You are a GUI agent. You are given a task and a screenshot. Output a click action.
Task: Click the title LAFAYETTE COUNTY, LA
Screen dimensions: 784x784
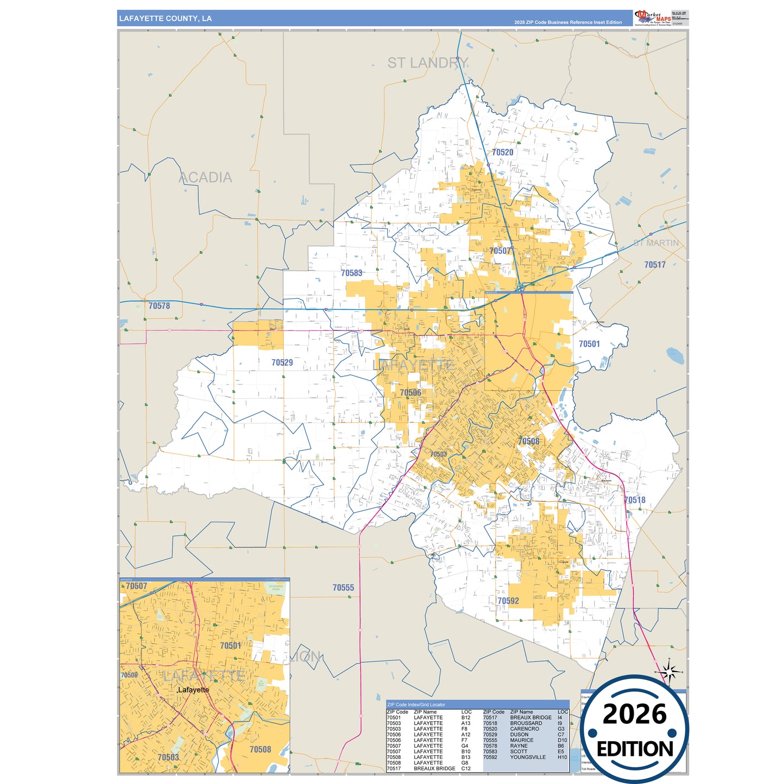pyautogui.click(x=165, y=18)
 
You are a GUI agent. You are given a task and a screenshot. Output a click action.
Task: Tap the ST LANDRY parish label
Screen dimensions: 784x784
pyautogui.click(x=428, y=63)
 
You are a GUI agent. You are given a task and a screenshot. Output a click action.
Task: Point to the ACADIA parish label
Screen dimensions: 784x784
pyautogui.click(x=205, y=177)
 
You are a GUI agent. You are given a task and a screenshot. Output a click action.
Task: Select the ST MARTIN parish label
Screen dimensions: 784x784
pyautogui.click(x=656, y=243)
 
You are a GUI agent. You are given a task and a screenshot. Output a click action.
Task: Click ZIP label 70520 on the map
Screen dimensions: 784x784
pyautogui.click(x=502, y=152)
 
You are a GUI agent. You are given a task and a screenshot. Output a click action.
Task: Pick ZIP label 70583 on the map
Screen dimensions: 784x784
pyautogui.click(x=352, y=273)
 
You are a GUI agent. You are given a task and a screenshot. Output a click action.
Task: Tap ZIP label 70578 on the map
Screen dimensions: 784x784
pyautogui.click(x=159, y=306)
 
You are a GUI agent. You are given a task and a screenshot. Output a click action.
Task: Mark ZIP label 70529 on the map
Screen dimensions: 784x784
pyautogui.click(x=282, y=362)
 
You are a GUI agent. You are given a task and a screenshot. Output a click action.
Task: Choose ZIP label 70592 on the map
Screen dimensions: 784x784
pyautogui.click(x=508, y=601)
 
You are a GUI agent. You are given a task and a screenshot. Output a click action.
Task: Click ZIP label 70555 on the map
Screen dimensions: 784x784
pyautogui.click(x=343, y=588)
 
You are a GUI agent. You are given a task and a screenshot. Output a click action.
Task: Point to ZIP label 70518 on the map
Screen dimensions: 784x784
pyautogui.click(x=635, y=500)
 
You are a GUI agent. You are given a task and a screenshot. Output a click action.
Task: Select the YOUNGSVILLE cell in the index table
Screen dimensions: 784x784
pyautogui.click(x=527, y=757)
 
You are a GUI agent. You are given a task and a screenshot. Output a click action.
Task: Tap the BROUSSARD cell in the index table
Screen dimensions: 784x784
pyautogui.click(x=526, y=723)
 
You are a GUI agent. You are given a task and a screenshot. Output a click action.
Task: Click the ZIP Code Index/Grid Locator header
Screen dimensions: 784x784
pyautogui.click(x=416, y=705)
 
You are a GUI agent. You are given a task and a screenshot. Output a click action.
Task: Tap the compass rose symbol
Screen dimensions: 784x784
pyautogui.click(x=670, y=672)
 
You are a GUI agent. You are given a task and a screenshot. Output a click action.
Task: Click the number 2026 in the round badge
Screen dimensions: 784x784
pyautogui.click(x=634, y=714)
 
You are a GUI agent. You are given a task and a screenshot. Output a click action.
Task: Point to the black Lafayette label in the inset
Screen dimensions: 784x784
pyautogui.click(x=193, y=690)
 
